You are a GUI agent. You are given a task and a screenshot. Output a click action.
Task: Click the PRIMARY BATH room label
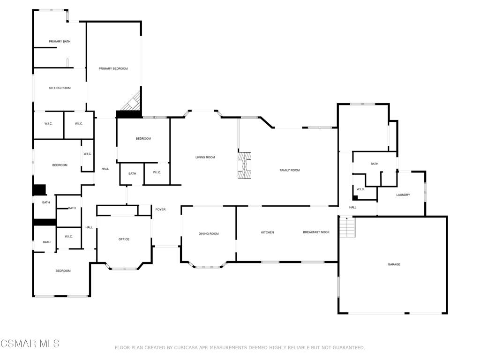click(60, 42)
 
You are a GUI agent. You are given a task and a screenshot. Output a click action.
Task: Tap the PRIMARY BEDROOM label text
click(113, 69)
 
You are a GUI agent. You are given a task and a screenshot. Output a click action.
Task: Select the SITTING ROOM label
click(60, 88)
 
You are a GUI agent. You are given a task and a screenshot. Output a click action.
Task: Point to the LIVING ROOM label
click(205, 157)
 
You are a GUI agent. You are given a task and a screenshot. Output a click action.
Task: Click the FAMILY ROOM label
click(289, 170)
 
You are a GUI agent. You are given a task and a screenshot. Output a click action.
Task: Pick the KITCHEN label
click(267, 232)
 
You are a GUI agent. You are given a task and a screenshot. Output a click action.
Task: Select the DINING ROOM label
click(209, 234)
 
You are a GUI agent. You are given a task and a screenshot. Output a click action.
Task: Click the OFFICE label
click(124, 240)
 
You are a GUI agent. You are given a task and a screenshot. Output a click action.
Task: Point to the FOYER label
click(160, 210)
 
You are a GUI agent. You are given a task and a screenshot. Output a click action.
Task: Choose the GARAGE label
click(394, 265)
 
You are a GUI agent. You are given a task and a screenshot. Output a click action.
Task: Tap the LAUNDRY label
click(403, 195)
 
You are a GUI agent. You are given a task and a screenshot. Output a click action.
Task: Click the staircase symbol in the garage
click(347, 228)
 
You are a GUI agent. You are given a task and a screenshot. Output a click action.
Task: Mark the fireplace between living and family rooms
click(244, 165)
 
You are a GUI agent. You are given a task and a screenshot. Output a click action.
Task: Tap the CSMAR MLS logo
click(30, 344)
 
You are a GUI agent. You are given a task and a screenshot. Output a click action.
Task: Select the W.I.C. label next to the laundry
click(360, 189)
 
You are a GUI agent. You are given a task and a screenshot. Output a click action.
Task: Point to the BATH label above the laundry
click(374, 164)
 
